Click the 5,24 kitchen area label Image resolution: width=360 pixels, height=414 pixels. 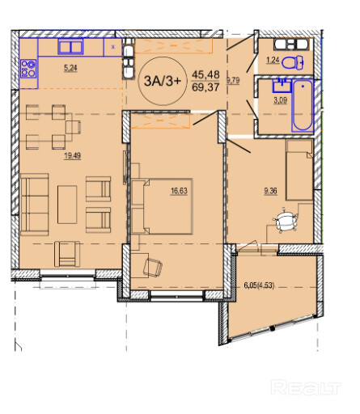pyautogui.click(x=70, y=68)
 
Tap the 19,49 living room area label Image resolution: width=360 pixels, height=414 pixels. pyautogui.click(x=72, y=156)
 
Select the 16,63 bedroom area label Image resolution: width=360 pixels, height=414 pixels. pyautogui.click(x=179, y=191)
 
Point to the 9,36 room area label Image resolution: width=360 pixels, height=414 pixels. pyautogui.click(x=270, y=191)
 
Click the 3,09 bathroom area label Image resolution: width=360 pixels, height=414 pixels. pyautogui.click(x=281, y=100)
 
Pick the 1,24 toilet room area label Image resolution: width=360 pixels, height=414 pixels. pyautogui.click(x=273, y=60)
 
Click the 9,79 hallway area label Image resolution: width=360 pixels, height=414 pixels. pyautogui.click(x=234, y=80)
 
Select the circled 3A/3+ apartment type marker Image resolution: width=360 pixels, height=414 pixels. pyautogui.click(x=162, y=81)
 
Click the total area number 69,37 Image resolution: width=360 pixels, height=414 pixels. pyautogui.click(x=205, y=87)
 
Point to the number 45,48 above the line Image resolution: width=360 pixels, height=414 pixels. pyautogui.click(x=205, y=74)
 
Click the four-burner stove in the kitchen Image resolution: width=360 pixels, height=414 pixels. pyautogui.click(x=28, y=69)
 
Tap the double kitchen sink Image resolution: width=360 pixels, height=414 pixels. pyautogui.click(x=70, y=46)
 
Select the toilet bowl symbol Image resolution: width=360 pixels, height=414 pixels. pyautogui.click(x=293, y=62)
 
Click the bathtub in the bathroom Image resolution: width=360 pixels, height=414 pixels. pyautogui.click(x=303, y=105)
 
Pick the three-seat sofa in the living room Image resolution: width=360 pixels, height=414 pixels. pyautogui.click(x=35, y=205)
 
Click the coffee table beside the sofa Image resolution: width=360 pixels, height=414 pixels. pyautogui.click(x=67, y=205)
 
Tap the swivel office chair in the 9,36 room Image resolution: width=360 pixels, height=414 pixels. pyautogui.click(x=286, y=220)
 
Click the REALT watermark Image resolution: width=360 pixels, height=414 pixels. pyautogui.click(x=306, y=387)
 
